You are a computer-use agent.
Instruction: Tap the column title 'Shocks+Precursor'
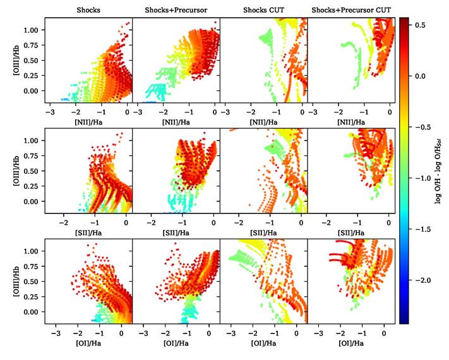tap(176, 11)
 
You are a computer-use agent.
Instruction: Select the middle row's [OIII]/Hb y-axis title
tap(16, 170)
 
